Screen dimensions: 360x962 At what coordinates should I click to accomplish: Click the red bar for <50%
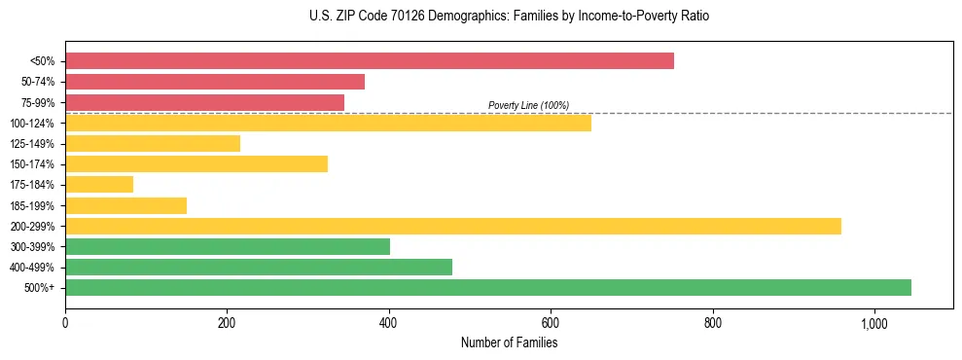pyautogui.click(x=370, y=61)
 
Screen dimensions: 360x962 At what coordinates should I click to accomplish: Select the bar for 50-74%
pyautogui.click(x=215, y=82)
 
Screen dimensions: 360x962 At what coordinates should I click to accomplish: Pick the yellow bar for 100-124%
pyautogui.click(x=328, y=123)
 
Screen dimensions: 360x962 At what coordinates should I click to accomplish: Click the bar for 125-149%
pyautogui.click(x=153, y=144)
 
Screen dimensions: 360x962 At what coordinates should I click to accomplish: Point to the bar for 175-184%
pyautogui.click(x=99, y=185)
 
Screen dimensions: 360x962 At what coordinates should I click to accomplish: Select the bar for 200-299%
pyautogui.click(x=453, y=226)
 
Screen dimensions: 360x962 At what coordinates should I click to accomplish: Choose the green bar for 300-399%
pyautogui.click(x=228, y=246)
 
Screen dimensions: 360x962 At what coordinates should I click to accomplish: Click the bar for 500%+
pyautogui.click(x=488, y=287)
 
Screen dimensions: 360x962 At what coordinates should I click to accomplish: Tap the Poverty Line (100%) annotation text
pyautogui.click(x=528, y=105)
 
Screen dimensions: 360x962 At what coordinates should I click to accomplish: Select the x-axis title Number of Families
pyautogui.click(x=509, y=342)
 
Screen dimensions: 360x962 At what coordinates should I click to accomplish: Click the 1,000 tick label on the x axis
pyautogui.click(x=874, y=322)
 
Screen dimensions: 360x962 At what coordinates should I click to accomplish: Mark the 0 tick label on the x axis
pyautogui.click(x=65, y=322)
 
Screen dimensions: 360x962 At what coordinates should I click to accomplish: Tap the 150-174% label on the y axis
pyautogui.click(x=32, y=164)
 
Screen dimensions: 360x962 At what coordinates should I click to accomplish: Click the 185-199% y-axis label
pyautogui.click(x=32, y=205)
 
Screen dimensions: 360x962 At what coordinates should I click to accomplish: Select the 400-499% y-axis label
pyautogui.click(x=32, y=268)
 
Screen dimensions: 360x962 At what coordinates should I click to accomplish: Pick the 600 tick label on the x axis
pyautogui.click(x=551, y=322)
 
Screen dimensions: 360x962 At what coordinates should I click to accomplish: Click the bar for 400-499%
pyautogui.click(x=259, y=267)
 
